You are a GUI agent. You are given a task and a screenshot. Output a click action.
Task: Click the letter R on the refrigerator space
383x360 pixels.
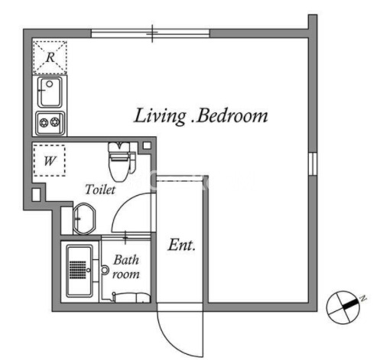(x=50, y=57)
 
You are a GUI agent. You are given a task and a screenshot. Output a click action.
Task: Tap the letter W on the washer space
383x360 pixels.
(x=50, y=161)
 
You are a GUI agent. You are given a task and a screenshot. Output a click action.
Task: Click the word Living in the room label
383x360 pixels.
(x=160, y=116)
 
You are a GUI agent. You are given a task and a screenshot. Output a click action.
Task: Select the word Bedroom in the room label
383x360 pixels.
(x=232, y=116)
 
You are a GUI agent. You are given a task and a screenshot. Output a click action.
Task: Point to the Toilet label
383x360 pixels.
(x=100, y=190)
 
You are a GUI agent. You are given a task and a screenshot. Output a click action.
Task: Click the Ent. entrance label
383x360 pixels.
(x=181, y=245)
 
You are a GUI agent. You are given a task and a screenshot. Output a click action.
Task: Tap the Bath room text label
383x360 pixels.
(x=126, y=267)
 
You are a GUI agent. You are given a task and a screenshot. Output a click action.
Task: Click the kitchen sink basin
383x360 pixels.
(x=50, y=92)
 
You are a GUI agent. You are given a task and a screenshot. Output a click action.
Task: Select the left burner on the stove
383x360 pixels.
(x=44, y=123)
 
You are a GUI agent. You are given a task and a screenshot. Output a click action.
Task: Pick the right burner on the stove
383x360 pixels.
(x=55, y=122)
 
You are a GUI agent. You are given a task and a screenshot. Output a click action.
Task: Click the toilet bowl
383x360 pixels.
(x=118, y=169)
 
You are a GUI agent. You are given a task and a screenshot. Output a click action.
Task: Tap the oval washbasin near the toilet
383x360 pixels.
(x=84, y=219)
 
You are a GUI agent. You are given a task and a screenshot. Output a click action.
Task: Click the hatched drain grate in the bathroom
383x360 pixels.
(x=78, y=270)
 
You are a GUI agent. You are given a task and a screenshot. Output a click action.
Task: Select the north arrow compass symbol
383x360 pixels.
(x=343, y=307)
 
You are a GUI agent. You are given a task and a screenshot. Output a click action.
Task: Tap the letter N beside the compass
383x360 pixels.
(x=363, y=298)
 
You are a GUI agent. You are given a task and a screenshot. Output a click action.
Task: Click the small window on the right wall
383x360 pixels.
(x=313, y=164)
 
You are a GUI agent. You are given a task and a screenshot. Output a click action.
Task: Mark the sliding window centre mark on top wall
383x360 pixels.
(x=152, y=33)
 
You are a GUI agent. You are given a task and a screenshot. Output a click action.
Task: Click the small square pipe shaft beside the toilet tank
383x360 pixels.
(x=147, y=146)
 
